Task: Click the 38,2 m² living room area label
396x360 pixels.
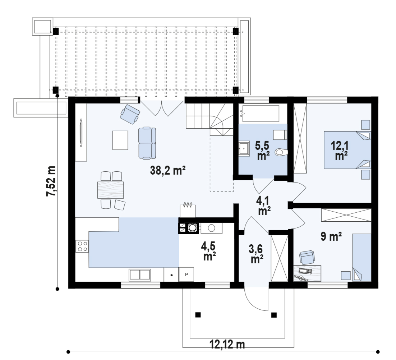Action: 168,170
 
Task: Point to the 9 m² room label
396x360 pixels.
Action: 331,236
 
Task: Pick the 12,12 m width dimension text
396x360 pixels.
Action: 227,344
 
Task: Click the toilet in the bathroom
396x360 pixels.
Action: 281,152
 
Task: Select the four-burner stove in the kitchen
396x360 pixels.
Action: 82,246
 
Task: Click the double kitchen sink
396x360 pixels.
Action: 140,274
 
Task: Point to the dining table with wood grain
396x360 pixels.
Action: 111,190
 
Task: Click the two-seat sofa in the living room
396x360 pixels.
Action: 147,143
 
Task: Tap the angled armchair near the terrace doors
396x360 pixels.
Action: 130,114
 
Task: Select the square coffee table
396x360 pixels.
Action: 120,140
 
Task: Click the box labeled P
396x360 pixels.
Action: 187,274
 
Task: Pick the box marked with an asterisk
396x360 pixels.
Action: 171,274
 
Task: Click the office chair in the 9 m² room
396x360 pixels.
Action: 307,257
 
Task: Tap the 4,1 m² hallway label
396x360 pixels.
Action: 263,206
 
